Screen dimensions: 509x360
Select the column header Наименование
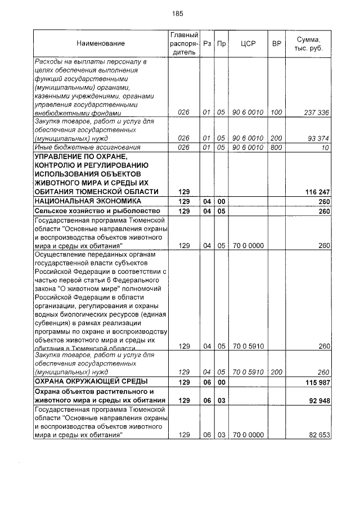pyautogui.click(x=101, y=43)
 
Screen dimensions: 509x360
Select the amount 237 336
pyautogui.click(x=316, y=112)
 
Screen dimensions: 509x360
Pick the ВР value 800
pyautogui.click(x=276, y=147)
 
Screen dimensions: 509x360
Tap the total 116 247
pyautogui.click(x=317, y=192)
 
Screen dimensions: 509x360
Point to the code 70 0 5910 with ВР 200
pyautogui.click(x=248, y=372)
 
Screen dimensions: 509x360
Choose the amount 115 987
pyautogui.click(x=317, y=382)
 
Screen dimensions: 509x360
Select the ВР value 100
pyautogui.click(x=276, y=112)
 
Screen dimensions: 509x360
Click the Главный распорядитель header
pyautogui.click(x=183, y=43)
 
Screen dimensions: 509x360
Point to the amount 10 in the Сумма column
pyautogui.click(x=325, y=147)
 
